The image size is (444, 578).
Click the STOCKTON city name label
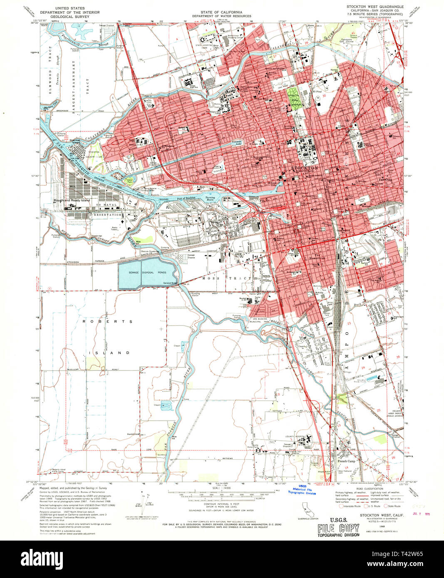tap(305, 168)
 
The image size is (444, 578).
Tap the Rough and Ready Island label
tap(72, 200)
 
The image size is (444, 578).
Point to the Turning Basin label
tap(212, 199)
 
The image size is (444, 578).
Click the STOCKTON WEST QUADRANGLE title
tap(375, 7)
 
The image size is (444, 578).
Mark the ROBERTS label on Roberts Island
tap(107, 321)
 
